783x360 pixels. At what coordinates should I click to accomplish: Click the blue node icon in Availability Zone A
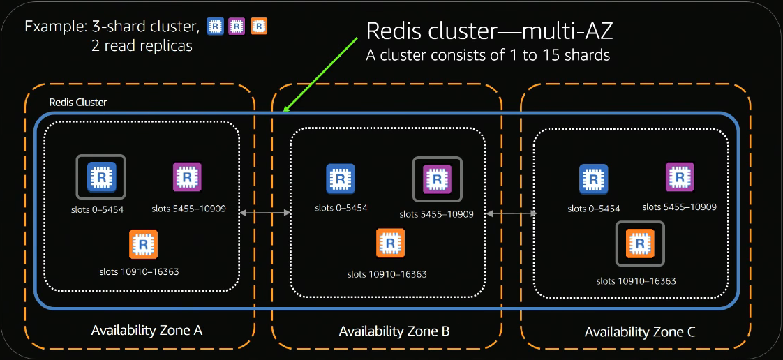(x=100, y=177)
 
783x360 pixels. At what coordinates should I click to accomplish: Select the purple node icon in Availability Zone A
(x=187, y=177)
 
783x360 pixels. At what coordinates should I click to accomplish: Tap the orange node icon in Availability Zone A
(x=144, y=244)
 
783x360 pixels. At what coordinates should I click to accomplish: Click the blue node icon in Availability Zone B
(x=341, y=179)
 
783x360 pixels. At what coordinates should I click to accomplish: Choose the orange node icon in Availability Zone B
(x=391, y=243)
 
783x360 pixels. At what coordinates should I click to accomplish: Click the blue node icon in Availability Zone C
(x=593, y=179)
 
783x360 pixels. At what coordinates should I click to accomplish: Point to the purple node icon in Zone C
(x=680, y=177)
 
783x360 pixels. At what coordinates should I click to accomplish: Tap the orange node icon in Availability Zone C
(x=639, y=243)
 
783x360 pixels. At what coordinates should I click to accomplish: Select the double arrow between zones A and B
(x=265, y=212)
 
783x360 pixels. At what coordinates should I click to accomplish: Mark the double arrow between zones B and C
(x=513, y=213)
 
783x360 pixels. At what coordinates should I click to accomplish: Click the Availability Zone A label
(x=147, y=330)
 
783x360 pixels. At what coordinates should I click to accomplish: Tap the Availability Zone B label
(x=394, y=331)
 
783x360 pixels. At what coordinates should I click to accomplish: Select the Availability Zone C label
(x=640, y=332)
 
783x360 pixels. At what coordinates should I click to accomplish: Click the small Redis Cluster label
(x=78, y=102)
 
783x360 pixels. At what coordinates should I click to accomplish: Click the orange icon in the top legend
(x=260, y=27)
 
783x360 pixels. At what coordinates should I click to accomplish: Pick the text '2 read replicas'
(x=142, y=47)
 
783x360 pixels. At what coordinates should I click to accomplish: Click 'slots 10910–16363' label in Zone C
(x=636, y=280)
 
